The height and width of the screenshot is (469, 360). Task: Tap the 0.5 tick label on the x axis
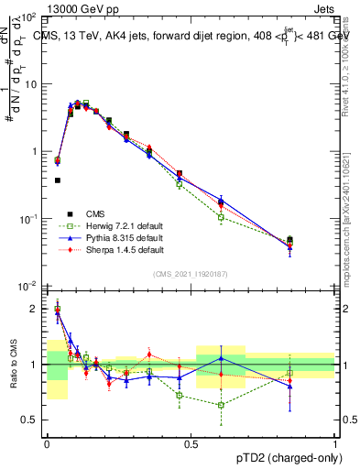[191, 442]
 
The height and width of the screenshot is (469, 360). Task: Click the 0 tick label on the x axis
[47, 442]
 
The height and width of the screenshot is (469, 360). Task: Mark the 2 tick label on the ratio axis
[33, 309]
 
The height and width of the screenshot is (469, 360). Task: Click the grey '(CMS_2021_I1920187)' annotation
[191, 274]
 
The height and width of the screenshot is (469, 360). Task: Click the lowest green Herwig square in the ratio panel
[221, 405]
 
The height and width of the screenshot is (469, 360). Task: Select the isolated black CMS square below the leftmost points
[58, 180]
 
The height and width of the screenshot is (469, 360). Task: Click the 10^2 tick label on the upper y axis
[27, 17]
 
